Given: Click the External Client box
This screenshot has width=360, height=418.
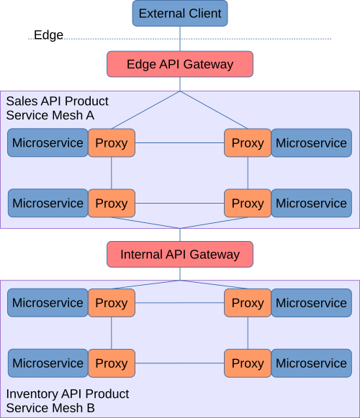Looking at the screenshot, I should (x=180, y=14).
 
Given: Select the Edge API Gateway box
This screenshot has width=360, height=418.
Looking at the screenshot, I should (x=180, y=64).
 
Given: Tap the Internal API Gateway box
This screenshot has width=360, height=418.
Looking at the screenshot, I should (x=180, y=255).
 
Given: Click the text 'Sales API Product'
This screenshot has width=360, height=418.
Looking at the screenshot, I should (x=57, y=101).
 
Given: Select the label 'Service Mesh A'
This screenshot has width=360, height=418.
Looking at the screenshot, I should (x=50, y=114).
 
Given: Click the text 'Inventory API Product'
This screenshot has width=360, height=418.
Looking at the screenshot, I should (x=68, y=394).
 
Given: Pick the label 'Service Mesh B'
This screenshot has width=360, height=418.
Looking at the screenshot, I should (x=50, y=408).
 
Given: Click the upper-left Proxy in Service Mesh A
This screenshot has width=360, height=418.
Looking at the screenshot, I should (x=112, y=142).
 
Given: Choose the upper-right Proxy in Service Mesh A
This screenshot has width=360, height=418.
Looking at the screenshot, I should (x=248, y=142).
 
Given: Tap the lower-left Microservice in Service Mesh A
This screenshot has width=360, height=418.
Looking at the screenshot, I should (x=48, y=203).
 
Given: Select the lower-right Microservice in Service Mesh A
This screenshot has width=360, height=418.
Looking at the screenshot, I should (x=312, y=203).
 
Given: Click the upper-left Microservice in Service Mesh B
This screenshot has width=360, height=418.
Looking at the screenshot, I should (x=48, y=303).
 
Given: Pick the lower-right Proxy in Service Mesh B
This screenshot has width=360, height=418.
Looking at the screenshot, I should (x=248, y=363).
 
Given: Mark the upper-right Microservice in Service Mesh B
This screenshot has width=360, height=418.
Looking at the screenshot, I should (x=312, y=303).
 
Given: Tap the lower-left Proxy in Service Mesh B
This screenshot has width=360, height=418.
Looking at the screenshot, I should (x=112, y=363).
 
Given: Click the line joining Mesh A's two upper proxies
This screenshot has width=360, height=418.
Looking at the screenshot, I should (x=180, y=142).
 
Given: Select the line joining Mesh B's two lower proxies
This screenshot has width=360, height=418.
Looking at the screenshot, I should (x=180, y=363).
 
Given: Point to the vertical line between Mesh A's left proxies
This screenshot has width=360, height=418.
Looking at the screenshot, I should (x=112, y=173).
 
